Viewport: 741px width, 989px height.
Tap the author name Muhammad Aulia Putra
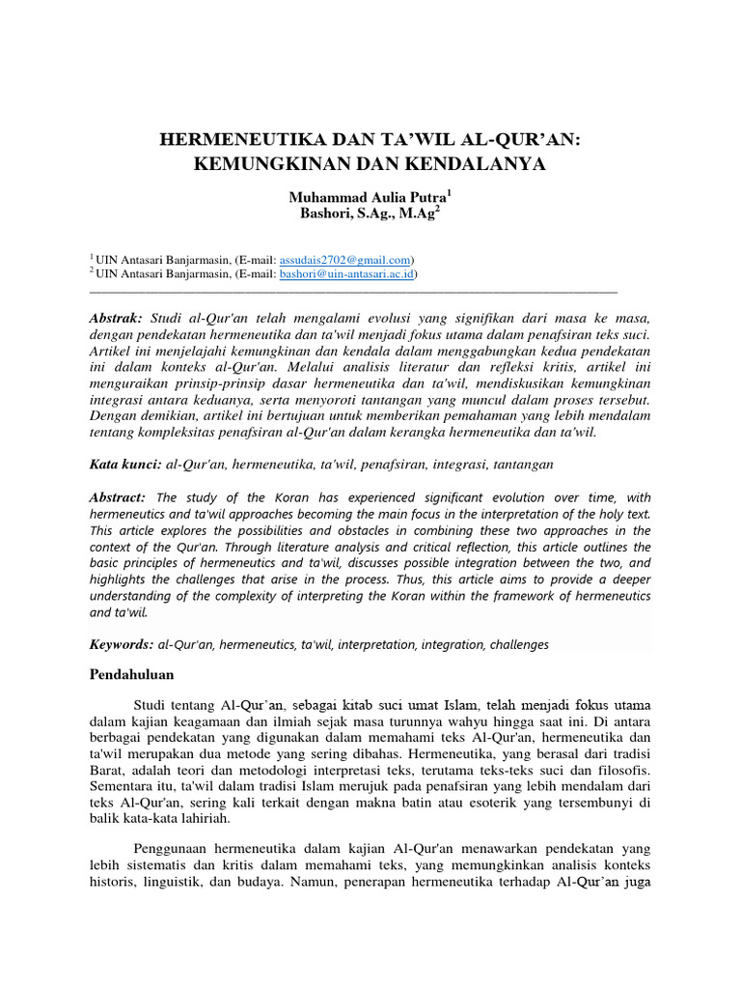(x=368, y=196)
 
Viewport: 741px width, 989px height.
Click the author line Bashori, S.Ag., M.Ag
(x=368, y=213)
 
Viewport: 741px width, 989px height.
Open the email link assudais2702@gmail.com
(x=345, y=260)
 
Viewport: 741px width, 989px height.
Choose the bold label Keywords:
(x=123, y=643)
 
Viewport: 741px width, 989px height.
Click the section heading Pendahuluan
(x=131, y=674)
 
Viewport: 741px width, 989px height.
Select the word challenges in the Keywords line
(x=514, y=643)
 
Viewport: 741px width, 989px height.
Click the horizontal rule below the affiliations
(x=352, y=289)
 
